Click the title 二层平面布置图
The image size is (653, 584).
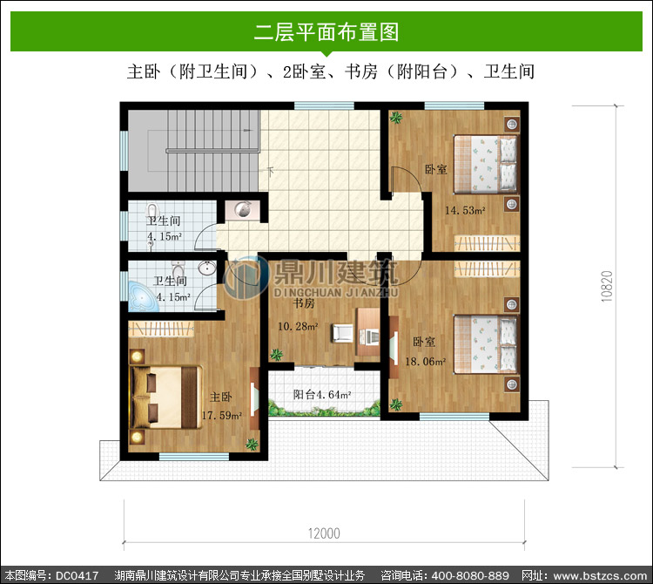(326, 32)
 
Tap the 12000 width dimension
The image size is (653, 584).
(324, 533)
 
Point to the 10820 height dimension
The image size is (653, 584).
(607, 287)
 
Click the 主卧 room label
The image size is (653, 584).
(221, 397)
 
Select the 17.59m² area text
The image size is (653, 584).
(221, 416)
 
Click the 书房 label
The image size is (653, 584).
(304, 303)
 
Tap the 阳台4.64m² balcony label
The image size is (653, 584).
(321, 394)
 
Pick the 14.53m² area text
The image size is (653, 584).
(465, 210)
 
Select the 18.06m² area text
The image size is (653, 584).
(425, 362)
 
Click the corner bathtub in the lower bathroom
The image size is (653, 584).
(143, 296)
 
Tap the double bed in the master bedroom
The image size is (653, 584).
(166, 397)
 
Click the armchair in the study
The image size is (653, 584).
(342, 334)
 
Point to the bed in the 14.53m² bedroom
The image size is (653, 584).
(486, 164)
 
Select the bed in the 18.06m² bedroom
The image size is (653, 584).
(486, 344)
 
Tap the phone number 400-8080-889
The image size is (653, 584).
(470, 575)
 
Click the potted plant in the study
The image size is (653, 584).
(276, 355)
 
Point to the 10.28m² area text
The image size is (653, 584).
(298, 326)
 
